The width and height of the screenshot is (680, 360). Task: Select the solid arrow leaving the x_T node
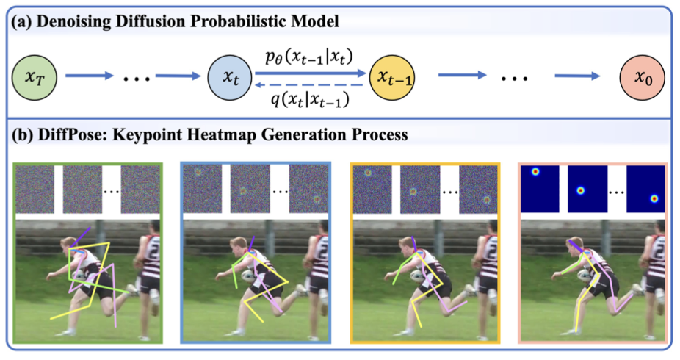tap(89, 74)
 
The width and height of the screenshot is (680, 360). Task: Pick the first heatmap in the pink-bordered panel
tap(539, 184)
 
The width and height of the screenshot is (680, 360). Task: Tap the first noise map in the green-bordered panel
tap(34, 189)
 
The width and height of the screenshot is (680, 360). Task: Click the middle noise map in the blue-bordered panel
tap(242, 189)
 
